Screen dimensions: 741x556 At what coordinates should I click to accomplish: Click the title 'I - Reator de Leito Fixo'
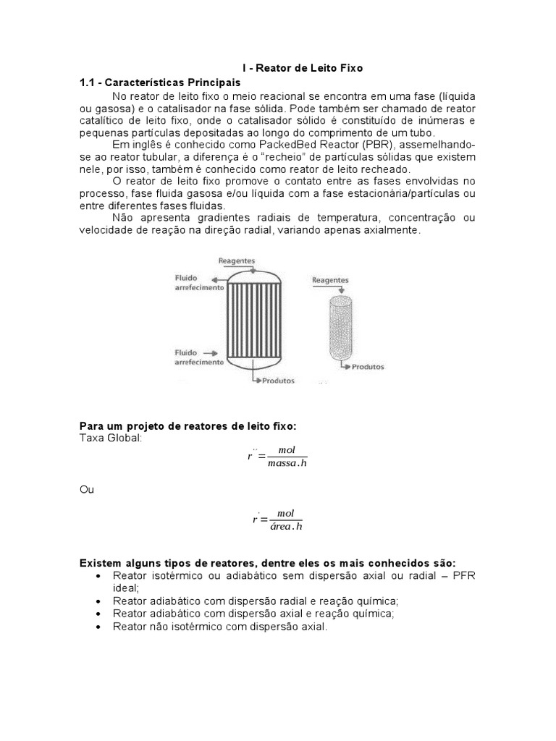coord(302,68)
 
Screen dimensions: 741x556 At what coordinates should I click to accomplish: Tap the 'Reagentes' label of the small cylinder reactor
coord(330,279)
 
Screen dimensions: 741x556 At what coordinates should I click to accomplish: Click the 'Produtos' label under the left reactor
coord(279,380)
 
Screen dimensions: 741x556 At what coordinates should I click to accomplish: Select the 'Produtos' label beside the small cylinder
coord(368,367)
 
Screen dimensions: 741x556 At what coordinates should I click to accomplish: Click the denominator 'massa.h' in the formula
coord(287,463)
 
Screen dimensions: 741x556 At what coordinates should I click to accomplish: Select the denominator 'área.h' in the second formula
coord(286,526)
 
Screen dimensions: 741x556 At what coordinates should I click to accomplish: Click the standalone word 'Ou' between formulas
coord(87,490)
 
